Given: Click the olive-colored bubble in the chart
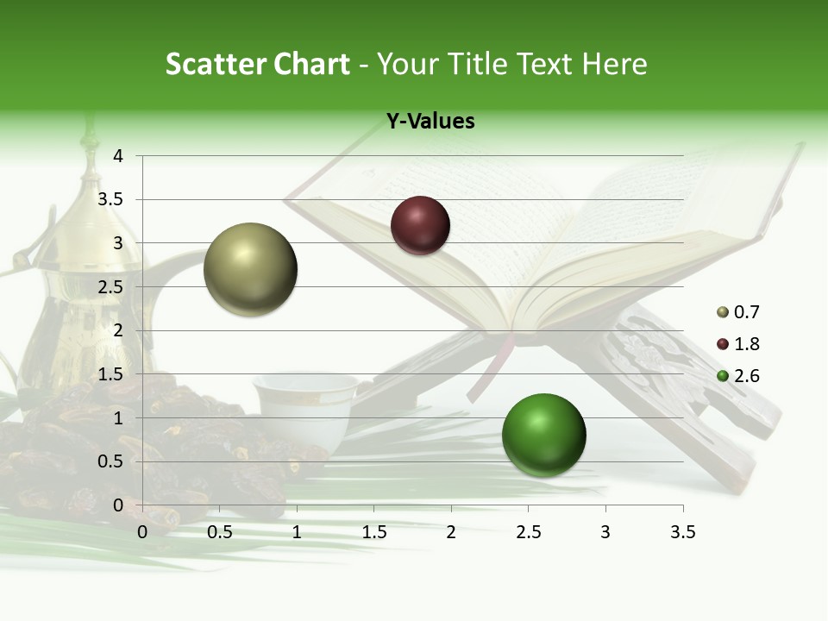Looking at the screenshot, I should point(250,269).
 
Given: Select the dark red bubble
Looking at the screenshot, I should point(420,225).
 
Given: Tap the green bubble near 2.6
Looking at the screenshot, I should point(543,435).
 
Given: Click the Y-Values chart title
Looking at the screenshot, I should point(430,122).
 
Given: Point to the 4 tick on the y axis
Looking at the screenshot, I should point(119,156).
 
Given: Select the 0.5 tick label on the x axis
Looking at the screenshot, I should point(220,533).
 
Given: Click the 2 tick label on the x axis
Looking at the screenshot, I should point(451,533).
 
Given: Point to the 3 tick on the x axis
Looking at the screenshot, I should point(605,533).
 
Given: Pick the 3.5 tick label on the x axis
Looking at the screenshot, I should point(682,533).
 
